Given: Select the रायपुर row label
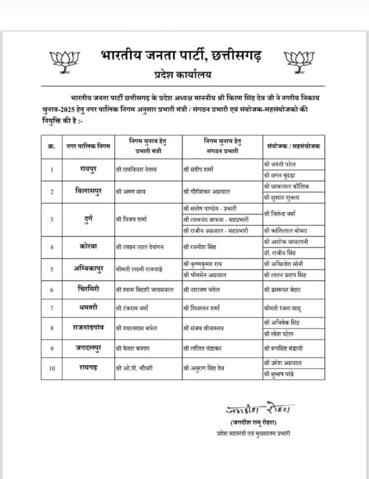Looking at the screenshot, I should (88, 169).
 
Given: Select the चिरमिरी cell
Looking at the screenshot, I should (88, 290).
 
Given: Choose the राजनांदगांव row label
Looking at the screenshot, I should (88, 327).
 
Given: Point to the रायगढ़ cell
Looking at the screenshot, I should (88, 368).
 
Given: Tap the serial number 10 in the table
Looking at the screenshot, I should (52, 369).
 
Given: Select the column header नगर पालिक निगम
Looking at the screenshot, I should (88, 147).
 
